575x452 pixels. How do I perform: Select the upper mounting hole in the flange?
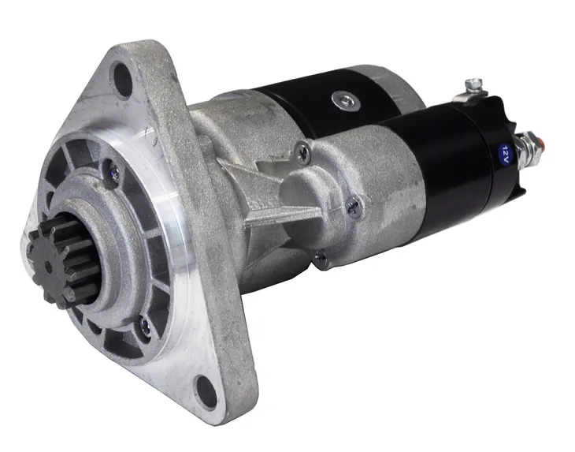pos(122,80)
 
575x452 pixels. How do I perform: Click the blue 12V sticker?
pos(505,151)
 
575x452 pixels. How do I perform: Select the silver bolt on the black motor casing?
pos(346,101)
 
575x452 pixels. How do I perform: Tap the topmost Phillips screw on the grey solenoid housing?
pos(303,151)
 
